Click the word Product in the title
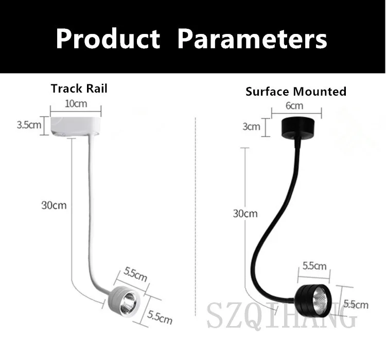(x=108, y=39)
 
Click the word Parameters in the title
(x=252, y=39)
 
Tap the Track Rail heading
(x=79, y=88)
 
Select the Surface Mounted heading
(x=295, y=92)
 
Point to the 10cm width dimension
(x=76, y=104)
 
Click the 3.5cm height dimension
(x=29, y=125)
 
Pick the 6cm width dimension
(x=294, y=106)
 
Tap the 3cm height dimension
(x=251, y=127)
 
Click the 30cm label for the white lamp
(x=54, y=205)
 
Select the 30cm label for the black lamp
(x=245, y=213)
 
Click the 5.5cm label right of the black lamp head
(x=356, y=304)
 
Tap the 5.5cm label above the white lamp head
(x=135, y=275)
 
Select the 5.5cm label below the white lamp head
(x=159, y=316)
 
